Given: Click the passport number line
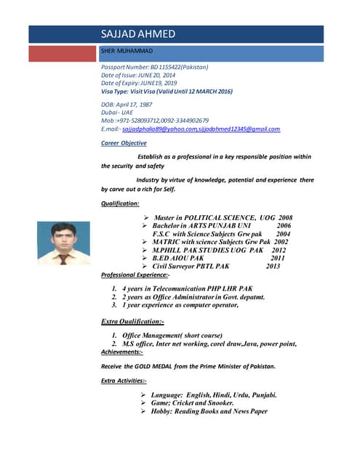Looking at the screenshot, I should coord(155,67).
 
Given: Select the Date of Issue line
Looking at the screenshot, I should coord(138,75).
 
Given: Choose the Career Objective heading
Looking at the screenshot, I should coord(124,143).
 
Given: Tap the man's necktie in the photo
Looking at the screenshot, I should coord(64,258).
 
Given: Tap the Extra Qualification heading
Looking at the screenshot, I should coord(133,320).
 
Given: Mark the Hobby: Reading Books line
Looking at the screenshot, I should coord(210,411).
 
